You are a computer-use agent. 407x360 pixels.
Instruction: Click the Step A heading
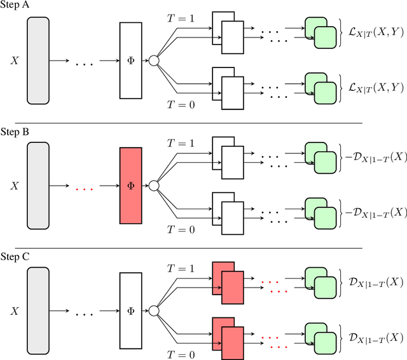[x=17, y=6]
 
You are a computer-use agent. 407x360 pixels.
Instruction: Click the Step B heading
[x=17, y=132]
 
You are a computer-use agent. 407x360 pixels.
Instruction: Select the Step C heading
[x=17, y=258]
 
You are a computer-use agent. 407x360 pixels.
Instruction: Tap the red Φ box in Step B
[x=131, y=186]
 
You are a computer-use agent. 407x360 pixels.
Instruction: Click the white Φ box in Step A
[x=131, y=60]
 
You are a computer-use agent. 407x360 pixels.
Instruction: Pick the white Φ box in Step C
[x=131, y=312]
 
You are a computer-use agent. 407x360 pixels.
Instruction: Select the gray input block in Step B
[x=38, y=186]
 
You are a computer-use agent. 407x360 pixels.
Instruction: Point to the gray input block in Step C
[x=38, y=312]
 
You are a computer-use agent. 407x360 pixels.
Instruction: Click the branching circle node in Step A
[x=153, y=60]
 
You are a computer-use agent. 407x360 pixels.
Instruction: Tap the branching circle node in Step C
[x=153, y=312]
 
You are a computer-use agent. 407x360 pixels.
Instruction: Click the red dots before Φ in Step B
[x=85, y=188]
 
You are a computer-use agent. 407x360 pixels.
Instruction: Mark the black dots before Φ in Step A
[x=85, y=62]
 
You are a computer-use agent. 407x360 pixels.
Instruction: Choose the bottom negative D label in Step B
[x=372, y=211]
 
